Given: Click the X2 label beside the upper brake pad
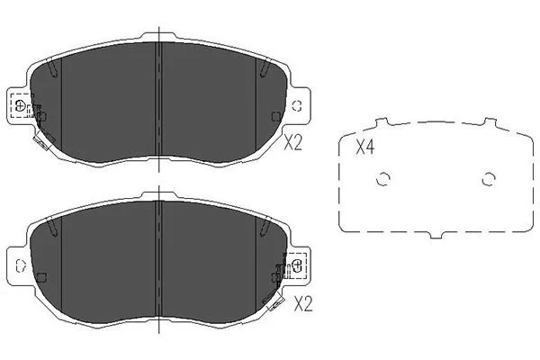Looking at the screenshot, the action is click(293, 142).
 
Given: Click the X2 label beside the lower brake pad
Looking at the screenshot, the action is click(303, 304).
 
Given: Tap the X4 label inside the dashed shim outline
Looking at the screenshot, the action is click(365, 148).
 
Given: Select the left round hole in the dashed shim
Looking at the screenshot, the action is click(382, 179).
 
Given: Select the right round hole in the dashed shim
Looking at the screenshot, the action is click(489, 179).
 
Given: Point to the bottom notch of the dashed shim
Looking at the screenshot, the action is click(436, 235).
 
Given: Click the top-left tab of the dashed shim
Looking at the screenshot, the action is click(382, 122).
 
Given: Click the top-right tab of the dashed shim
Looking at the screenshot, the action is click(490, 122).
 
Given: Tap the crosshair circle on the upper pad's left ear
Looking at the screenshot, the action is click(21, 105).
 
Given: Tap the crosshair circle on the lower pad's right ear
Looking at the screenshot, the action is click(296, 265).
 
